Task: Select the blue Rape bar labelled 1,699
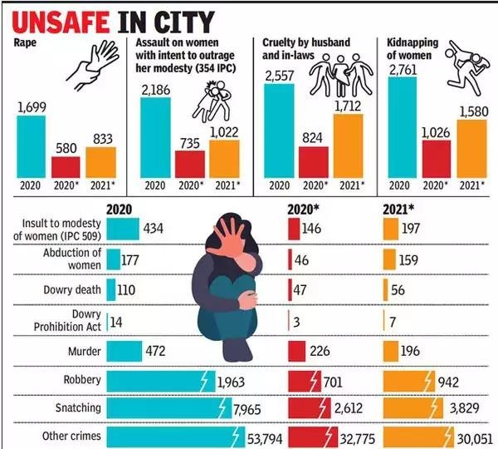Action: tap(31, 146)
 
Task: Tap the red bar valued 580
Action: tap(66, 166)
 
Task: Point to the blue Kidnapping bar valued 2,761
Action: tap(403, 127)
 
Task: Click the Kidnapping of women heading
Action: tap(408, 47)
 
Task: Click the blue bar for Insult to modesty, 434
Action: tap(123, 228)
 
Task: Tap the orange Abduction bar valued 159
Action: tap(391, 259)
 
